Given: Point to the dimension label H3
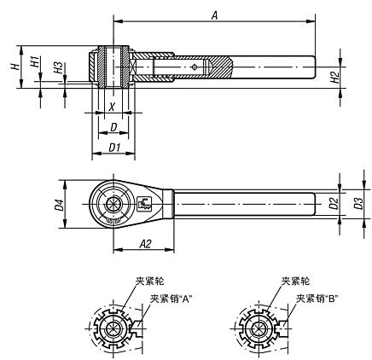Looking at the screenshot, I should (x=56, y=68).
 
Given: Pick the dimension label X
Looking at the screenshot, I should (x=112, y=108).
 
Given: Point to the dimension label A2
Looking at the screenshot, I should (x=144, y=244).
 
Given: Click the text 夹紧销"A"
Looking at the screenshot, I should (x=171, y=298).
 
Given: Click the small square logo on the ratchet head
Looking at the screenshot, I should (x=142, y=203).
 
